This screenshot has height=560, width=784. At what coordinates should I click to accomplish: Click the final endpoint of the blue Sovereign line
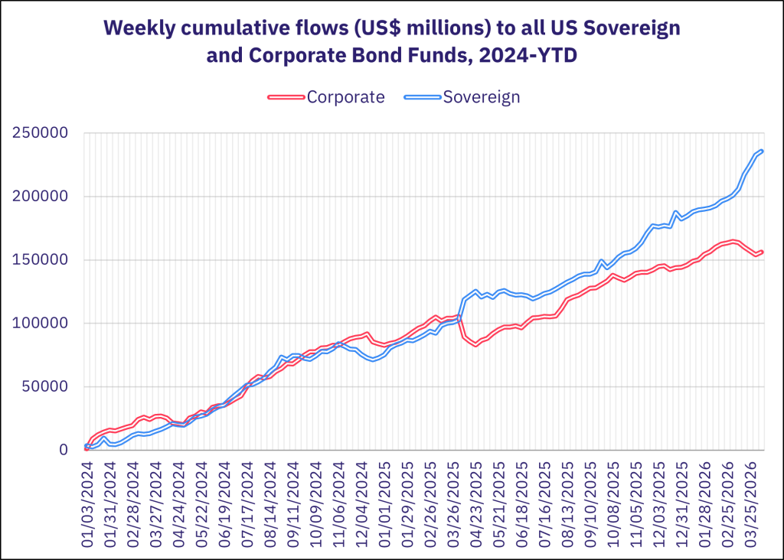point(762,151)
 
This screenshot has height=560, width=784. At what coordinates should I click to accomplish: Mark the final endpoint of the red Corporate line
point(762,252)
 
